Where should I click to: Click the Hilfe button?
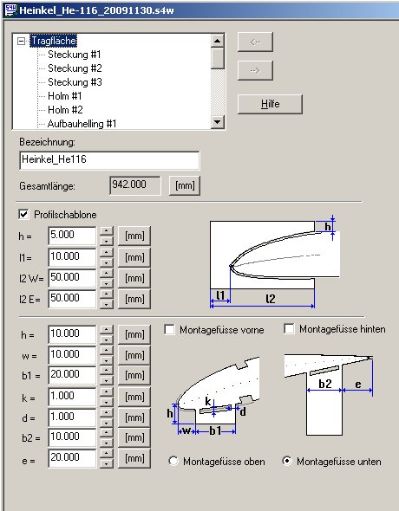pyautogui.click(x=270, y=104)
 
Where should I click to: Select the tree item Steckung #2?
pyautogui.click(x=75, y=68)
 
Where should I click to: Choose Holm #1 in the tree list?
pyautogui.click(x=64, y=96)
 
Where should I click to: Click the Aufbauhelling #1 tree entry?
pyautogui.click(x=82, y=124)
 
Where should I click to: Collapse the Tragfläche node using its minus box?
pyautogui.click(x=21, y=41)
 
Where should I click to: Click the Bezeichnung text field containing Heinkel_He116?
pyautogui.click(x=109, y=160)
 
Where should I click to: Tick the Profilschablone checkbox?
pyautogui.click(x=23, y=215)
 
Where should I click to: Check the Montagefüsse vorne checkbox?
pyautogui.click(x=170, y=329)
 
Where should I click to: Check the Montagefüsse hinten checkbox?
pyautogui.click(x=289, y=328)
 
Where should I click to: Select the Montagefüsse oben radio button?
pyautogui.click(x=173, y=461)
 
